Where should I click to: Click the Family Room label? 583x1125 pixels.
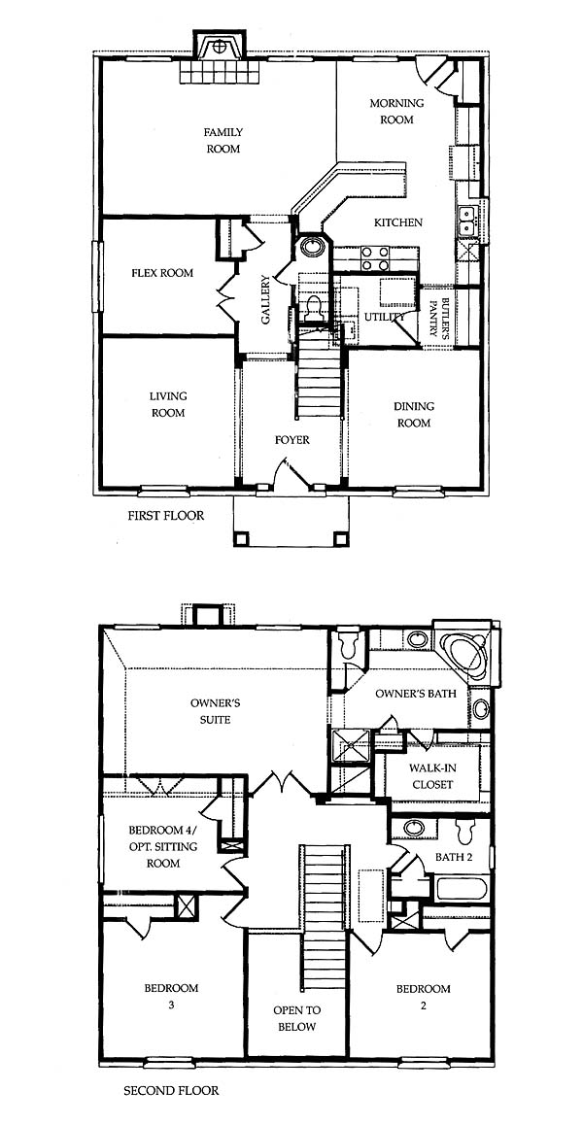[x=223, y=141]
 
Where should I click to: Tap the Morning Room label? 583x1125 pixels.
[x=396, y=111]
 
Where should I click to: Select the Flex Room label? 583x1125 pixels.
[x=162, y=273]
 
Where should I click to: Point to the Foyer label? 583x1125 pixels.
[x=292, y=440]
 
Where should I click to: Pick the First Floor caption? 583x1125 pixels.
[x=166, y=515]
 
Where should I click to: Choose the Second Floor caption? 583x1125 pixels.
[x=171, y=1091]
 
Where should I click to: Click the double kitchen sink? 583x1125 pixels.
[x=467, y=221]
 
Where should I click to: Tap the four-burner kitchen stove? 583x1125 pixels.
[x=374, y=258]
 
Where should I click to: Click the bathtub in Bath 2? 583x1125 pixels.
[x=462, y=889]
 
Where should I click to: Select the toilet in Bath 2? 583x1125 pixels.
[x=466, y=833]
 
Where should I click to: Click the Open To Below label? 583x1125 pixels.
[x=296, y=1019]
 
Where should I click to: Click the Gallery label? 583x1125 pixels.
[x=265, y=299]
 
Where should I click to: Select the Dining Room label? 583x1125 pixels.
[x=414, y=415]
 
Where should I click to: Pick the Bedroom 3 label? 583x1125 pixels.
[x=171, y=996]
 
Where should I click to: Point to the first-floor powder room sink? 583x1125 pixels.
[x=312, y=247]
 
